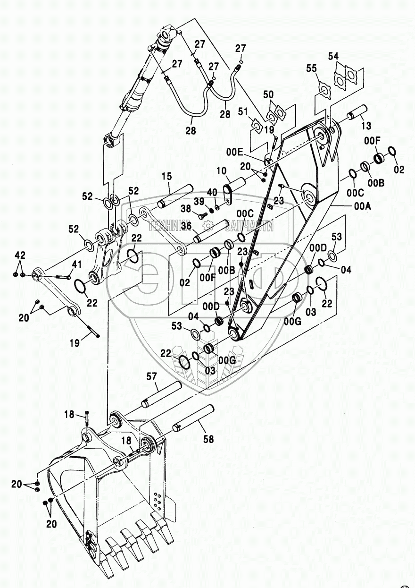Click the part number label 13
point(366,126)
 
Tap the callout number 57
point(151,376)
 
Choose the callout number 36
point(186,226)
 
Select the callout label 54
point(333,57)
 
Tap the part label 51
point(242,111)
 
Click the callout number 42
point(19,255)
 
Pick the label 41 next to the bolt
point(76,264)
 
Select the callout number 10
point(222,170)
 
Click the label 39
point(199,201)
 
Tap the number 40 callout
point(213,192)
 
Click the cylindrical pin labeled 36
point(208,230)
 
